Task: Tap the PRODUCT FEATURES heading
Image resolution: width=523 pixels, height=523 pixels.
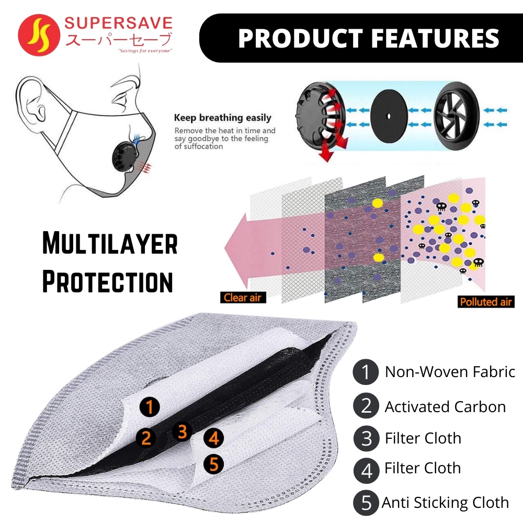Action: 369,39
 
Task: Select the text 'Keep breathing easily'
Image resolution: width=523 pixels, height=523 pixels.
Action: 223,118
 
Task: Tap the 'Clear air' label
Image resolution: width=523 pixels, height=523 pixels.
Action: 242,298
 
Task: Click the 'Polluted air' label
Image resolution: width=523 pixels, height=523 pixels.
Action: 486,302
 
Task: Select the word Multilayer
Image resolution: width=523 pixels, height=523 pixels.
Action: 110,244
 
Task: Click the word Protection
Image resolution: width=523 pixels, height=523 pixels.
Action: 108,281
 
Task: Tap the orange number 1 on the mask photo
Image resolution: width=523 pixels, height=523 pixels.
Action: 150,406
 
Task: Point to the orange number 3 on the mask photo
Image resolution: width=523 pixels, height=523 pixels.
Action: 182,431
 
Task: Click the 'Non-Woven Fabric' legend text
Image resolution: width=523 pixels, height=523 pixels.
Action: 450,372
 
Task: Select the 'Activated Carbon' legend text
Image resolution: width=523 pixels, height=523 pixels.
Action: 445,407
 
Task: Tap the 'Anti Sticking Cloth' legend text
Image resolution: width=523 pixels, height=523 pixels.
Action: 445,503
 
